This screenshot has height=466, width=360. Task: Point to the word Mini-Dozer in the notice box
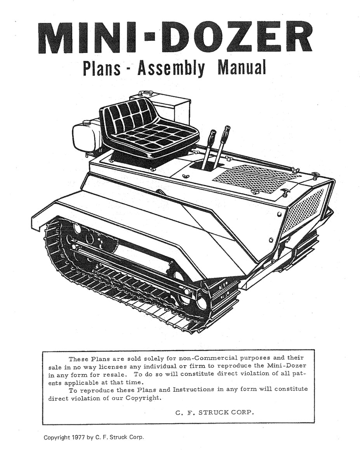(285, 366)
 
